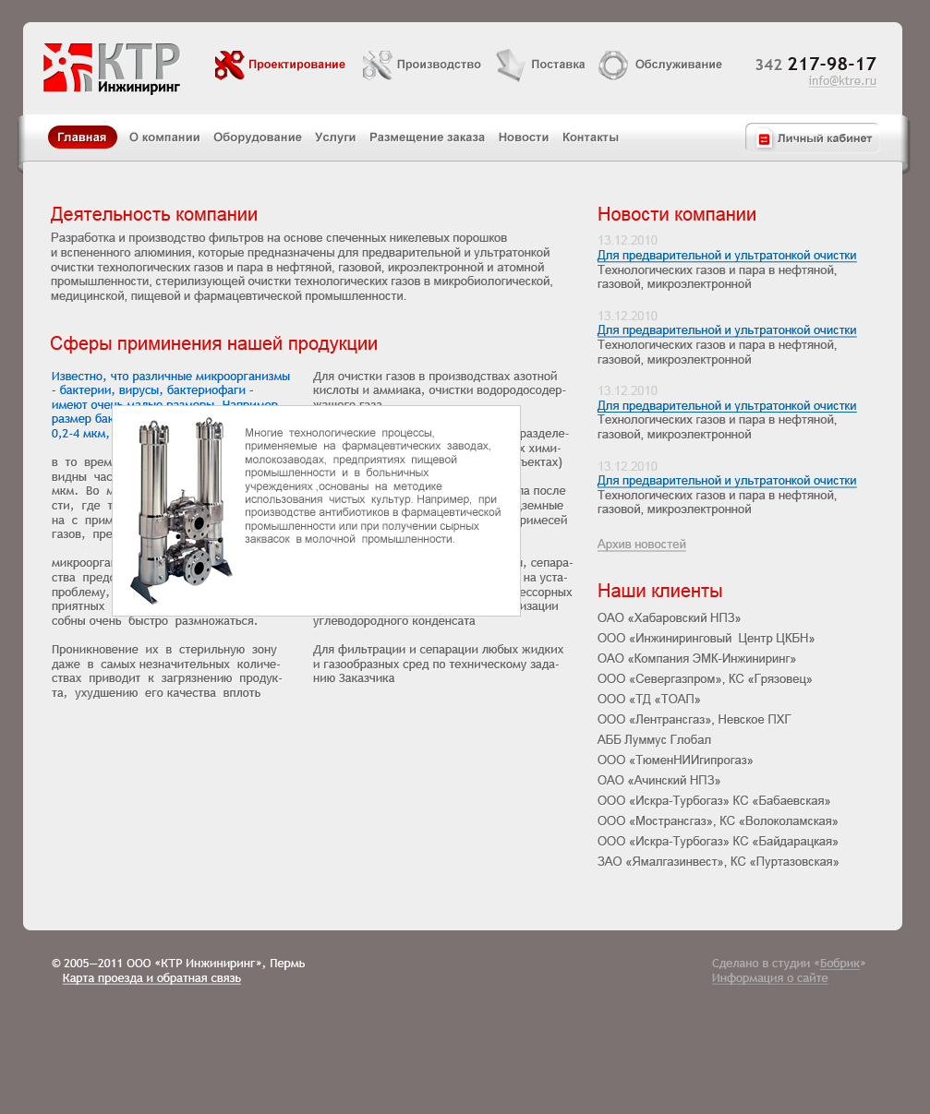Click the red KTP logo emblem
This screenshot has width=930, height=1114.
[x=67, y=67]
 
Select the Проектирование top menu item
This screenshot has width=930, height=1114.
[x=296, y=65]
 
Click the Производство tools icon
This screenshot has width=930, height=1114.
[x=377, y=65]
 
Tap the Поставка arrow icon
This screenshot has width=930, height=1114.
[x=510, y=65]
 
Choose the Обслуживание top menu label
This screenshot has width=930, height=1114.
[x=678, y=65]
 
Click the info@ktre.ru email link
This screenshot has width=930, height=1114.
[x=841, y=81]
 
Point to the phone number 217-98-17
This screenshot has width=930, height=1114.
[x=831, y=64]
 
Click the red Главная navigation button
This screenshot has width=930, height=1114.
[x=82, y=138]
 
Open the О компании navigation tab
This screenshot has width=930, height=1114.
[x=164, y=138]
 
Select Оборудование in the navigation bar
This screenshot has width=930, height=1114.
[x=258, y=138]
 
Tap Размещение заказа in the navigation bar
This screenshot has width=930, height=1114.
[x=427, y=138]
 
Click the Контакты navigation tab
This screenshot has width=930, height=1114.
[x=590, y=138]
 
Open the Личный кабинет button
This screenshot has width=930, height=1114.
[x=813, y=138]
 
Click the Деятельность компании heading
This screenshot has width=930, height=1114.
[x=154, y=215]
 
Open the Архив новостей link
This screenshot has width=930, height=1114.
[x=641, y=545]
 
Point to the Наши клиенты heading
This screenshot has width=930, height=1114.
[x=659, y=591]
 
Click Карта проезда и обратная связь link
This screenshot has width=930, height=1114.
[x=151, y=978]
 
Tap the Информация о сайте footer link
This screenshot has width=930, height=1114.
[x=769, y=978]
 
